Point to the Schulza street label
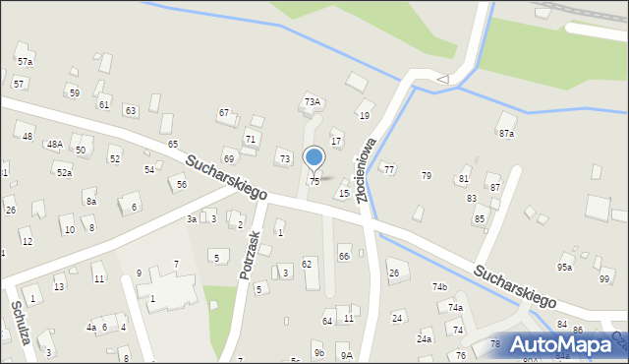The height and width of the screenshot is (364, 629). [22, 324]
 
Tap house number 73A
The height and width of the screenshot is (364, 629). [313, 101]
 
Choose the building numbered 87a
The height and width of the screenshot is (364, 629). [506, 133]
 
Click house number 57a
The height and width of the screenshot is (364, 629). [25, 61]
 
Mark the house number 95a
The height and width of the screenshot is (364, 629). [564, 267]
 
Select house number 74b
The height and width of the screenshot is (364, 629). [439, 286]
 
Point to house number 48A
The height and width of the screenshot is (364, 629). [55, 144]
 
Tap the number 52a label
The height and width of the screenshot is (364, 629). [64, 172]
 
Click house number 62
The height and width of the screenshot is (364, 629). [307, 264]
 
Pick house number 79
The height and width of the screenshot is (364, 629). [426, 175]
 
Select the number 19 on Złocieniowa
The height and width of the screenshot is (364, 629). [364, 116]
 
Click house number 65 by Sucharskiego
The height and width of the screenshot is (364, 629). [172, 145]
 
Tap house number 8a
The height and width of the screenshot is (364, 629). [91, 201]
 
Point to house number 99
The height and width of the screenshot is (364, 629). [603, 279]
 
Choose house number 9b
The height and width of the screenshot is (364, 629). [318, 352]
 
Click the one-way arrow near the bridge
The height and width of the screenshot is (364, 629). [442, 79]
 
